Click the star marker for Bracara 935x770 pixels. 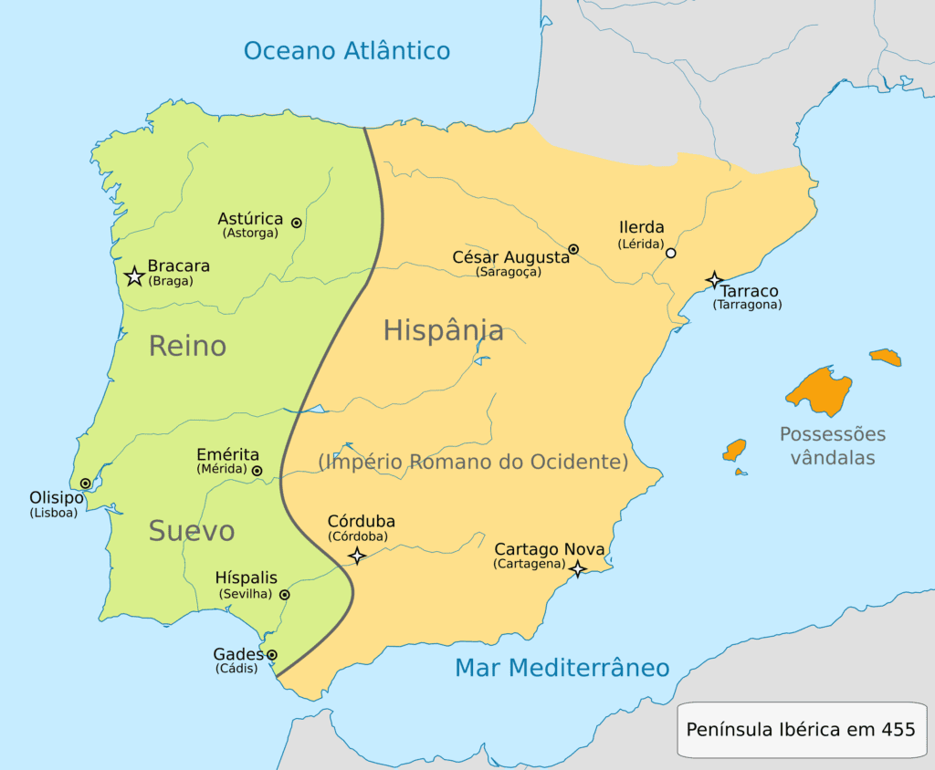[134, 276]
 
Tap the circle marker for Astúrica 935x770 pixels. [297, 223]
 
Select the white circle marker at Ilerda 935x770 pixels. [671, 253]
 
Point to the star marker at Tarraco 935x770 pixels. [715, 279]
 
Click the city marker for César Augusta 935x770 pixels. [573, 249]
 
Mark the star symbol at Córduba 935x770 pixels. [357, 555]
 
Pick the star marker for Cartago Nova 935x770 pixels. [577, 568]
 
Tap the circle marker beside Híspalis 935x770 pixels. [284, 595]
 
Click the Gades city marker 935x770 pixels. [272, 654]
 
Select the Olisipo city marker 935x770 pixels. [85, 484]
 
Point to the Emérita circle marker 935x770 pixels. [257, 471]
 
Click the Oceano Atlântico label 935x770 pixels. [347, 50]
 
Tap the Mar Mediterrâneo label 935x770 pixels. [562, 668]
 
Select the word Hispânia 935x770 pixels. [443, 329]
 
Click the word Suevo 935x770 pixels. [192, 530]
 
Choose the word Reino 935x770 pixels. [187, 346]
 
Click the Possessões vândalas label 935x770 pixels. [832, 445]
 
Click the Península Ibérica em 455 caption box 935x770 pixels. [801, 729]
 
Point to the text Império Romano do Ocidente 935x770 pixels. [473, 462]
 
